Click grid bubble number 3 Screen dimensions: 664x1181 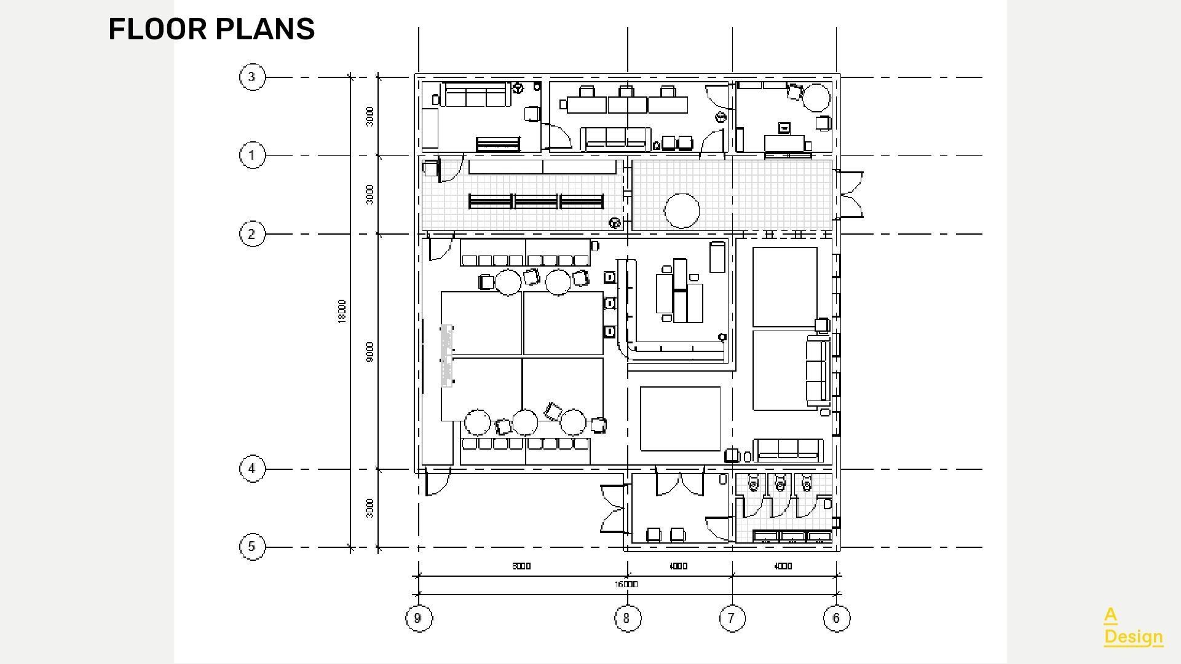point(251,77)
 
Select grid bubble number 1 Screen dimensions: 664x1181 point(251,155)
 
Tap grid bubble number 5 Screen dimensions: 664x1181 point(251,546)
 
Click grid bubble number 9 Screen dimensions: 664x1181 point(418,618)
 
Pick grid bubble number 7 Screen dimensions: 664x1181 point(732,618)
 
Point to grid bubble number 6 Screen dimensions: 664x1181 point(836,618)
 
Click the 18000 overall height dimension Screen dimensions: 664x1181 point(342,311)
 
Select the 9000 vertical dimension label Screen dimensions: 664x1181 point(369,352)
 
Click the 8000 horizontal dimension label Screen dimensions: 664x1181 point(521,566)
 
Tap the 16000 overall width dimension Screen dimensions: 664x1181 point(626,584)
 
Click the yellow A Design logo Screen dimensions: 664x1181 point(1132,627)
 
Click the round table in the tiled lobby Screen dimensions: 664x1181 point(681,210)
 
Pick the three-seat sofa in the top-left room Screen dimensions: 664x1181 point(476,95)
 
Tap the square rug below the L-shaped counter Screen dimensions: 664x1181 point(680,418)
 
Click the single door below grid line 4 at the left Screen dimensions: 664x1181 point(436,482)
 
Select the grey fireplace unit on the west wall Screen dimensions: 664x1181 point(447,356)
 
